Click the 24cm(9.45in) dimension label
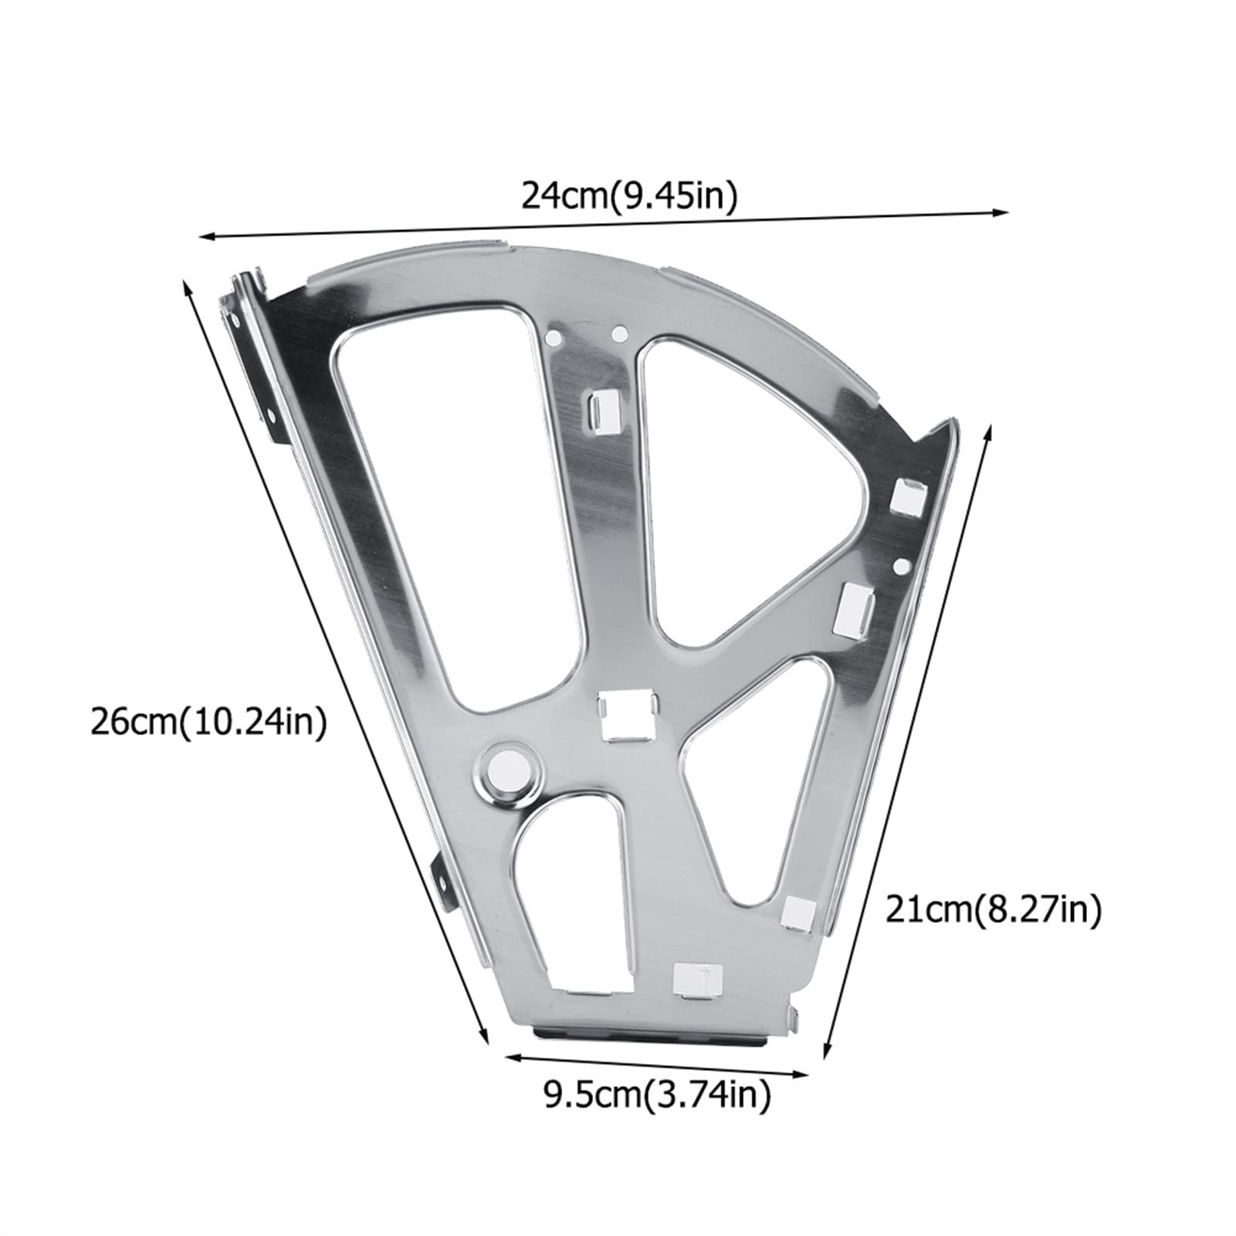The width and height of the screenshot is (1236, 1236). pos(630,196)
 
